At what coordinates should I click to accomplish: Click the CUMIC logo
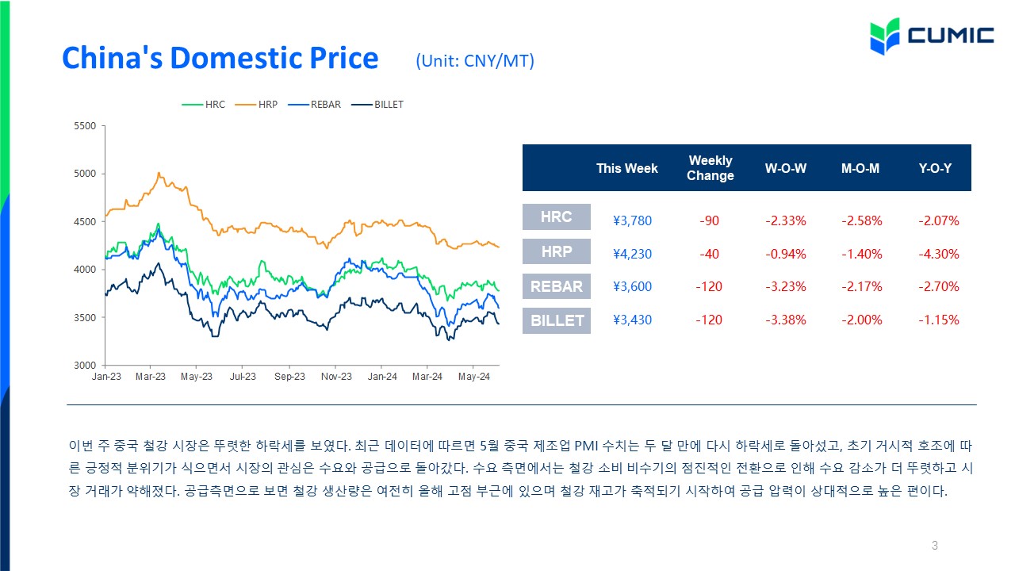point(932,36)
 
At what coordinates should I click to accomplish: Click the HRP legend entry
point(256,105)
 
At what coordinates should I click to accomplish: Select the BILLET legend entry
point(377,105)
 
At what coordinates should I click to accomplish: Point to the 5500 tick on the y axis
point(85,126)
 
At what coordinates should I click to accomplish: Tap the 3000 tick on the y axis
point(85,366)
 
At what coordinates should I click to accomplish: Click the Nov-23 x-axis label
point(336,377)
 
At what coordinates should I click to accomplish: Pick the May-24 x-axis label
point(473,377)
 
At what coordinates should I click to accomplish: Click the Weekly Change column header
point(710,167)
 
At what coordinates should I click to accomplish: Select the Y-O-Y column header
point(935,169)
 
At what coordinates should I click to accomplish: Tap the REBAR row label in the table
point(557,286)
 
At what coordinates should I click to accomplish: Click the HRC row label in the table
point(557,217)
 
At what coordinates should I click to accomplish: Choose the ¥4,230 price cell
point(632,254)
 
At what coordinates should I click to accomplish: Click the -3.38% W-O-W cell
point(786,320)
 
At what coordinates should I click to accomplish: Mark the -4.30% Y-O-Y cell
point(938,254)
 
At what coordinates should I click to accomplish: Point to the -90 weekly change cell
point(709,220)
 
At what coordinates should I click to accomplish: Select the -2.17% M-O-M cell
point(861,286)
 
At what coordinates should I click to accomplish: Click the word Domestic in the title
point(236,58)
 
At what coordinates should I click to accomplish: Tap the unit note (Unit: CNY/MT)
point(475,61)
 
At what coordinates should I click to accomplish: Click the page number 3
point(934,545)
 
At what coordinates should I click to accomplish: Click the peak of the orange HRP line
point(159,173)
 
